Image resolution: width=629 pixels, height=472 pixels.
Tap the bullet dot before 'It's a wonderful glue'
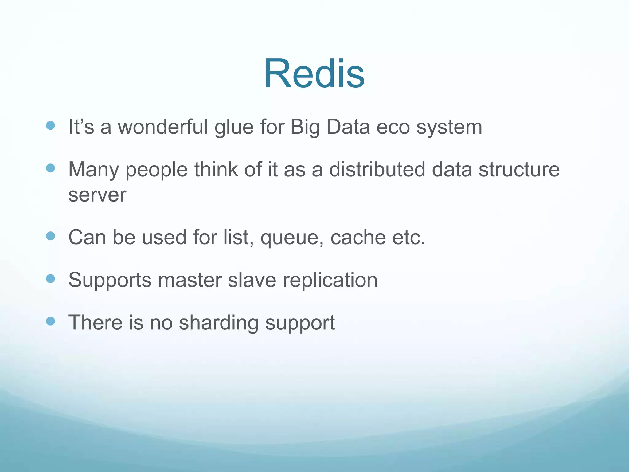coord(50,125)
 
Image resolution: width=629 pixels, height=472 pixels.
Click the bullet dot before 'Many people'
coord(50,168)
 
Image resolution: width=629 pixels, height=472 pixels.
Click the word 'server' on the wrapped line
coord(97,195)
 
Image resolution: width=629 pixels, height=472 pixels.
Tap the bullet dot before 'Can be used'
coord(50,236)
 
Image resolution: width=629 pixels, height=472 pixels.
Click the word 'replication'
coord(330,281)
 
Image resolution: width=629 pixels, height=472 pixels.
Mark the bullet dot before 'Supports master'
coord(50,278)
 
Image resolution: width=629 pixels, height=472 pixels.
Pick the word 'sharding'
coord(219,323)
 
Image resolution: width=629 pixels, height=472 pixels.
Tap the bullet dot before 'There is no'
coord(50,321)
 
